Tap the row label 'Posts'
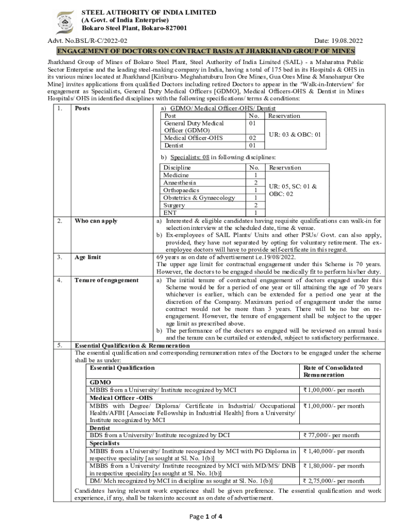pos(83,108)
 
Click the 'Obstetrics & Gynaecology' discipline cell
pos(199,198)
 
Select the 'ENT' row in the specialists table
pos(170,213)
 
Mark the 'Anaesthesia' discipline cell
pos(180,183)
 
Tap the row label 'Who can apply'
pos(96,221)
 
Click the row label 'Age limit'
pos(88,257)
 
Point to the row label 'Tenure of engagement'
pos(106,280)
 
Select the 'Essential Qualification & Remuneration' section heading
pos(132,345)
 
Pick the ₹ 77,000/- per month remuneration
pos(331,435)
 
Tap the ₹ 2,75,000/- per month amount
pos(334,481)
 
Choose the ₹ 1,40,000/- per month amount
pos(334,451)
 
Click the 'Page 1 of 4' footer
pos(199,516)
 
